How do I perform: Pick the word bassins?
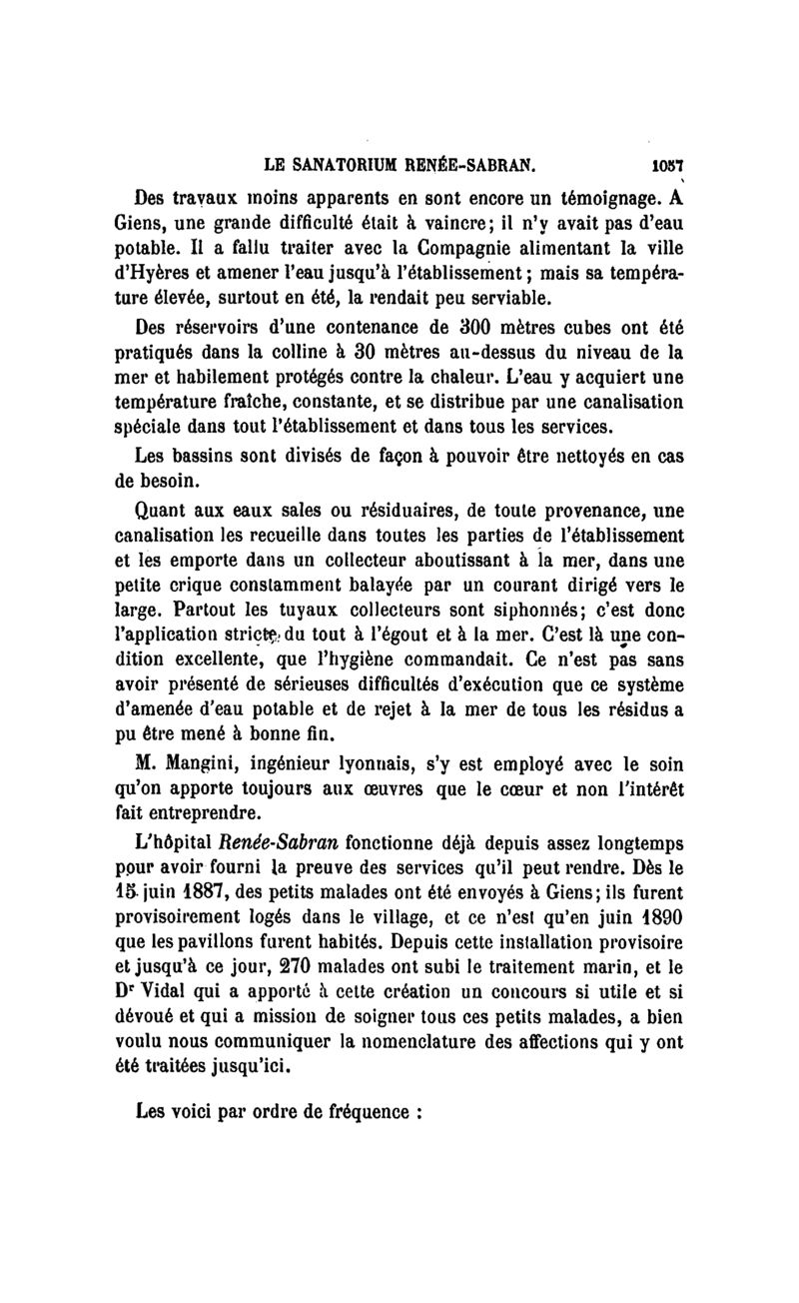[x=216, y=456]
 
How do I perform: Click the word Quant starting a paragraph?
[x=163, y=510]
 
